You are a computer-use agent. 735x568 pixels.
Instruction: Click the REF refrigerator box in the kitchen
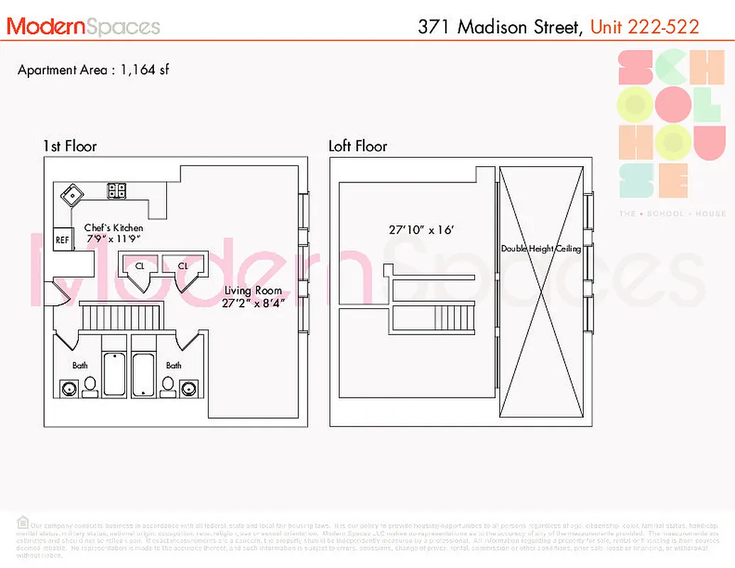(62, 240)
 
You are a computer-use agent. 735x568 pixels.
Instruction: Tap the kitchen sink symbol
(72, 192)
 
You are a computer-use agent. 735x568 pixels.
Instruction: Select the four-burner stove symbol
(116, 190)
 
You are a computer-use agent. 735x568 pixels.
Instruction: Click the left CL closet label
(139, 266)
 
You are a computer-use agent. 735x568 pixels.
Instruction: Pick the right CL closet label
(183, 266)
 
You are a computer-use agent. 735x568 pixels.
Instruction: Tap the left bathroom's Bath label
(80, 366)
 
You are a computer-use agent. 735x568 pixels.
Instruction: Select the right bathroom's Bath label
(173, 366)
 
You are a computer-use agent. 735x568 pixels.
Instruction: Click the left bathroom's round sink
(69, 388)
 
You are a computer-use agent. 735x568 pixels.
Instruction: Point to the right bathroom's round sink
(189, 388)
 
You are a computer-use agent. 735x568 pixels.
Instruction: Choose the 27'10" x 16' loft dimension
(421, 230)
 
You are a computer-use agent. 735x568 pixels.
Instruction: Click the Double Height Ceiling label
(541, 248)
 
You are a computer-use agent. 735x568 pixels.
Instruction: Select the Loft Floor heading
(358, 146)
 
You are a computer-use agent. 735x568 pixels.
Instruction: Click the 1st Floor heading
(70, 146)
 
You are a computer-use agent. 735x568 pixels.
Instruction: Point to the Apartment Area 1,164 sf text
(93, 70)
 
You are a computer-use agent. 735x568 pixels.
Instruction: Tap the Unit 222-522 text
(645, 27)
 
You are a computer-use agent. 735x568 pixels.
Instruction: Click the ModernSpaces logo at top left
(83, 27)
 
